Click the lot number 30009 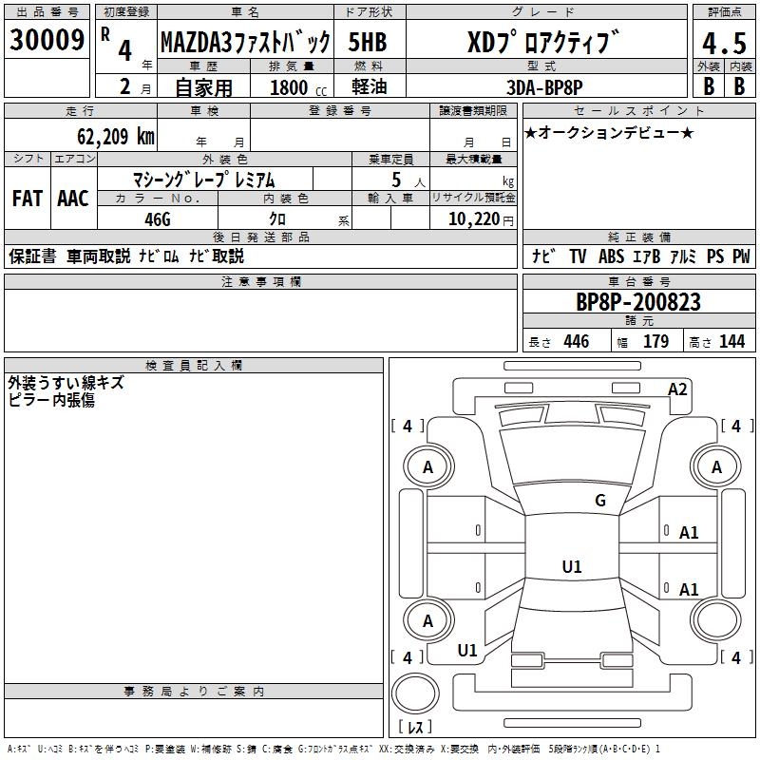point(47,41)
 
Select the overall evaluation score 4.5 point(722,43)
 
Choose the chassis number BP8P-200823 point(638,301)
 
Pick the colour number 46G point(157,218)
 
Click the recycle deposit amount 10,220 point(472,218)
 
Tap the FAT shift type point(27,199)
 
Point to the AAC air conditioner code point(72,199)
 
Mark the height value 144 point(732,342)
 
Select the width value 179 point(655,342)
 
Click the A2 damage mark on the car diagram point(677,389)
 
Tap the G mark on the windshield point(599,501)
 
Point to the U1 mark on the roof point(571,567)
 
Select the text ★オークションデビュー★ point(608,132)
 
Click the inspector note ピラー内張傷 point(51,400)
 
